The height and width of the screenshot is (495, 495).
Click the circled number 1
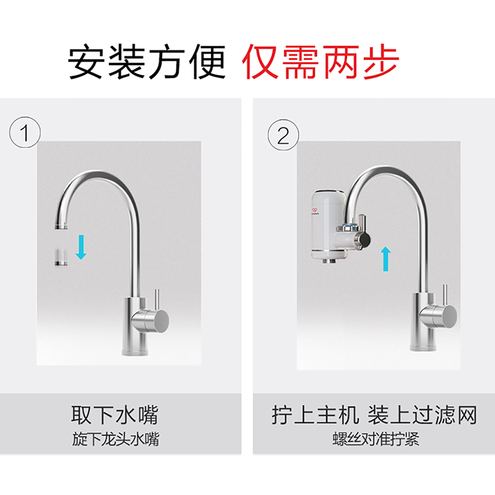click(25, 132)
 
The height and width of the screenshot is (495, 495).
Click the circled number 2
click(283, 135)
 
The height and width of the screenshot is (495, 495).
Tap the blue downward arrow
click(81, 247)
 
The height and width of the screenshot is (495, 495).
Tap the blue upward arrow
click(385, 259)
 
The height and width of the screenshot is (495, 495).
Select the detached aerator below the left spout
click(61, 257)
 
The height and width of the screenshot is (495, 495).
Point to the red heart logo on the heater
click(315, 210)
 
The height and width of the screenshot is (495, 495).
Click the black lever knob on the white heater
click(364, 240)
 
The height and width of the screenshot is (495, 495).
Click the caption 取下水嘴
click(114, 415)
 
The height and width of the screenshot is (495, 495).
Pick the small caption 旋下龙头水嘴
click(116, 439)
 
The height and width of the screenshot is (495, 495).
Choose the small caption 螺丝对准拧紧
click(376, 439)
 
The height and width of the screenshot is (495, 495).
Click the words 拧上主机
click(316, 415)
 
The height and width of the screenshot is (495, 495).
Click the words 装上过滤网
click(422, 415)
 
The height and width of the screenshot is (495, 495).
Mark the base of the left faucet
click(135, 351)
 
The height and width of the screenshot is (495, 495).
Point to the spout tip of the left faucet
click(61, 226)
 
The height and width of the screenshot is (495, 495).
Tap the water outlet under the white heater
click(329, 260)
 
